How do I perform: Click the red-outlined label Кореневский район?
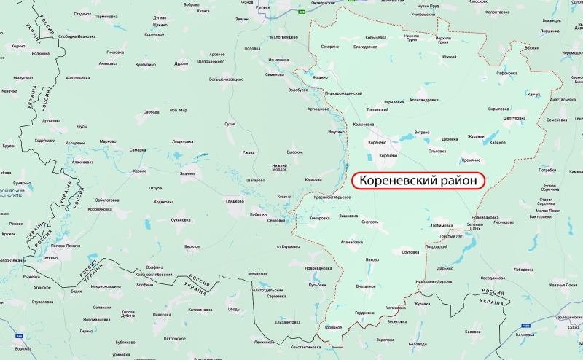[x=418, y=179]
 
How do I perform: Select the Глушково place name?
[x=234, y=200]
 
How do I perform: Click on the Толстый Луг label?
[x=451, y=235]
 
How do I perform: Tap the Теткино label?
[x=50, y=257]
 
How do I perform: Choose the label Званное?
[x=188, y=173]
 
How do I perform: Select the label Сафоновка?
[x=506, y=73]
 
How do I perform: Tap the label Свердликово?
[x=493, y=278]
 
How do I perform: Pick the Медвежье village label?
[x=258, y=273]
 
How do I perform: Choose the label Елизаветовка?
[x=288, y=321]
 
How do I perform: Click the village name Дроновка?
[x=51, y=120]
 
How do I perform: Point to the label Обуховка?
[x=411, y=252]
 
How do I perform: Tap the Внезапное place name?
[x=365, y=286]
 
